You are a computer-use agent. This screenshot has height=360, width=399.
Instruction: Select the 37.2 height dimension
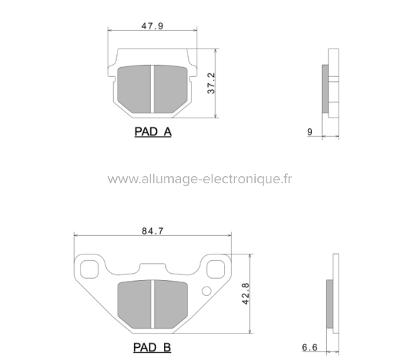point(211,83)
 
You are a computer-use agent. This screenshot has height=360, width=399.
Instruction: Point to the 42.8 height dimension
point(247,294)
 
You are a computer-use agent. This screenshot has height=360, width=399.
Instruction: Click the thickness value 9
point(309,132)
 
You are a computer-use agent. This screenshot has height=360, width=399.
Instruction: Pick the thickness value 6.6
point(309,347)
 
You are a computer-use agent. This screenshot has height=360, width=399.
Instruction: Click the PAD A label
point(152,132)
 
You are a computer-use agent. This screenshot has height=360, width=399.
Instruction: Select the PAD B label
point(152,347)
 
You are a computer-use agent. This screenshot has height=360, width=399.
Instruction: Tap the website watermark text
point(199,179)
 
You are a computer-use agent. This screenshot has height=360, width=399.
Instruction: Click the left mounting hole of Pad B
point(90,269)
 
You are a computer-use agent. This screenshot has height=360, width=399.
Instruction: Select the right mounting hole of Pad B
point(215,269)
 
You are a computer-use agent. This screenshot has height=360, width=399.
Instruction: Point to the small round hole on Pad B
point(207,290)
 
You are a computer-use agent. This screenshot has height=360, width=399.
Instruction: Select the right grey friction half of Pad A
point(171,88)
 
